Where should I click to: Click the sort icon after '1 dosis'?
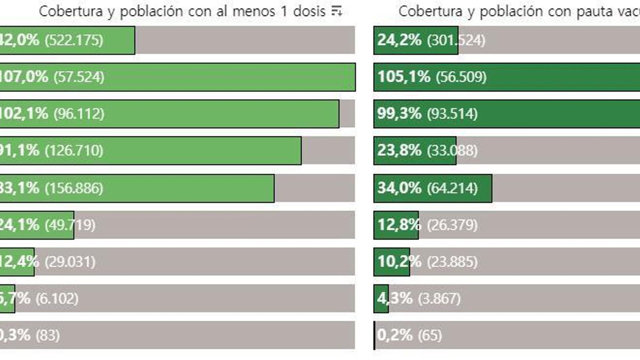click(x=337, y=11)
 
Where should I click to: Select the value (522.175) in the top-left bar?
click(x=74, y=40)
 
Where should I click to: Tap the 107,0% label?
click(x=23, y=77)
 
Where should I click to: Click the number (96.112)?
click(x=79, y=114)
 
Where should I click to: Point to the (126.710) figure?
click(x=74, y=151)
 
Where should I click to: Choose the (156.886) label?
click(x=74, y=188)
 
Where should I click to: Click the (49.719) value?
click(x=70, y=225)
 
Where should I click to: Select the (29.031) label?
click(x=70, y=262)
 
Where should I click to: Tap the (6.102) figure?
click(x=57, y=299)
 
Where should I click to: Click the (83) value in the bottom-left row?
click(x=48, y=335)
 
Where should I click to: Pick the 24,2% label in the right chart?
click(x=399, y=40)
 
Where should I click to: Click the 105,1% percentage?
click(x=404, y=77)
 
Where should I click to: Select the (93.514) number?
click(x=452, y=114)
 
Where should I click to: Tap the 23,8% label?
click(x=399, y=151)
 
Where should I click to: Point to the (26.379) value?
click(x=452, y=225)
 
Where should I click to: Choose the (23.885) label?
click(x=452, y=262)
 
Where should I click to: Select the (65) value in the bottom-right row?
click(x=430, y=335)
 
